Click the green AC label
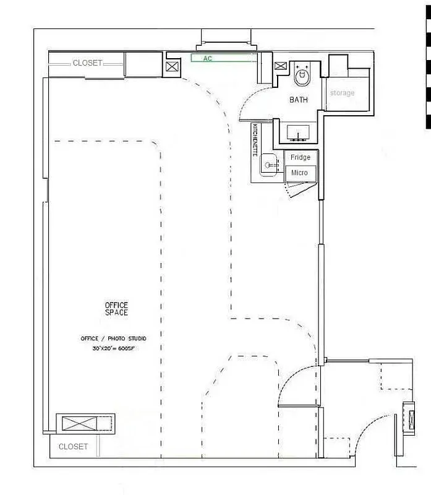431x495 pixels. click(207, 58)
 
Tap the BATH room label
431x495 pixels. click(299, 100)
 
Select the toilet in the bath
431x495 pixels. click(302, 76)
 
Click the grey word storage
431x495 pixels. click(342, 93)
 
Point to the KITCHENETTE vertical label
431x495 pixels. click(255, 140)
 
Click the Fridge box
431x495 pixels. click(301, 158)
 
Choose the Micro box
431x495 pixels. click(300, 173)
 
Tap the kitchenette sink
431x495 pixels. click(268, 165)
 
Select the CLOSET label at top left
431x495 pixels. click(87, 63)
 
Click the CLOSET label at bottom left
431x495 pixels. click(73, 447)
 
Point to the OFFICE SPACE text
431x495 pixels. click(116, 309)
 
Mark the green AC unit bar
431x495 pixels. click(223, 58)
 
